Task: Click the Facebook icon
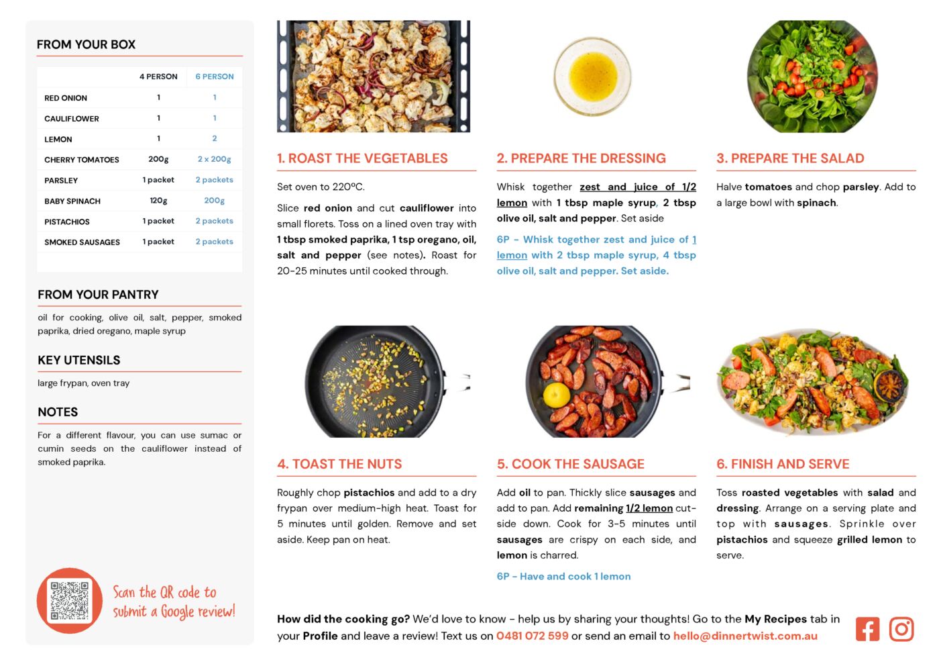point(867,629)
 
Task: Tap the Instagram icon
point(901,629)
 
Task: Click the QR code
point(70,600)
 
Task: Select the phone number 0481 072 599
point(533,636)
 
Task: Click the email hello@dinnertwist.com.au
point(745,636)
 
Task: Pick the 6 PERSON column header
point(214,77)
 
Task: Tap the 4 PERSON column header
point(158,77)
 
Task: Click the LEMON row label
point(58,139)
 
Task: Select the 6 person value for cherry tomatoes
point(214,159)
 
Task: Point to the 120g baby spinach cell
point(158,201)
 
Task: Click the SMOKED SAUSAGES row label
point(82,242)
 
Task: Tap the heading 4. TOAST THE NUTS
point(339,464)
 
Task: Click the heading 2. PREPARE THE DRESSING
point(582,158)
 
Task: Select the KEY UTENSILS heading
point(79,361)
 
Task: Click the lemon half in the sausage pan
point(557,395)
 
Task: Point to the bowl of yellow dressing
point(593,77)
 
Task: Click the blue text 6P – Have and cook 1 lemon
point(564,577)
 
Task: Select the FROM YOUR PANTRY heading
point(99,295)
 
